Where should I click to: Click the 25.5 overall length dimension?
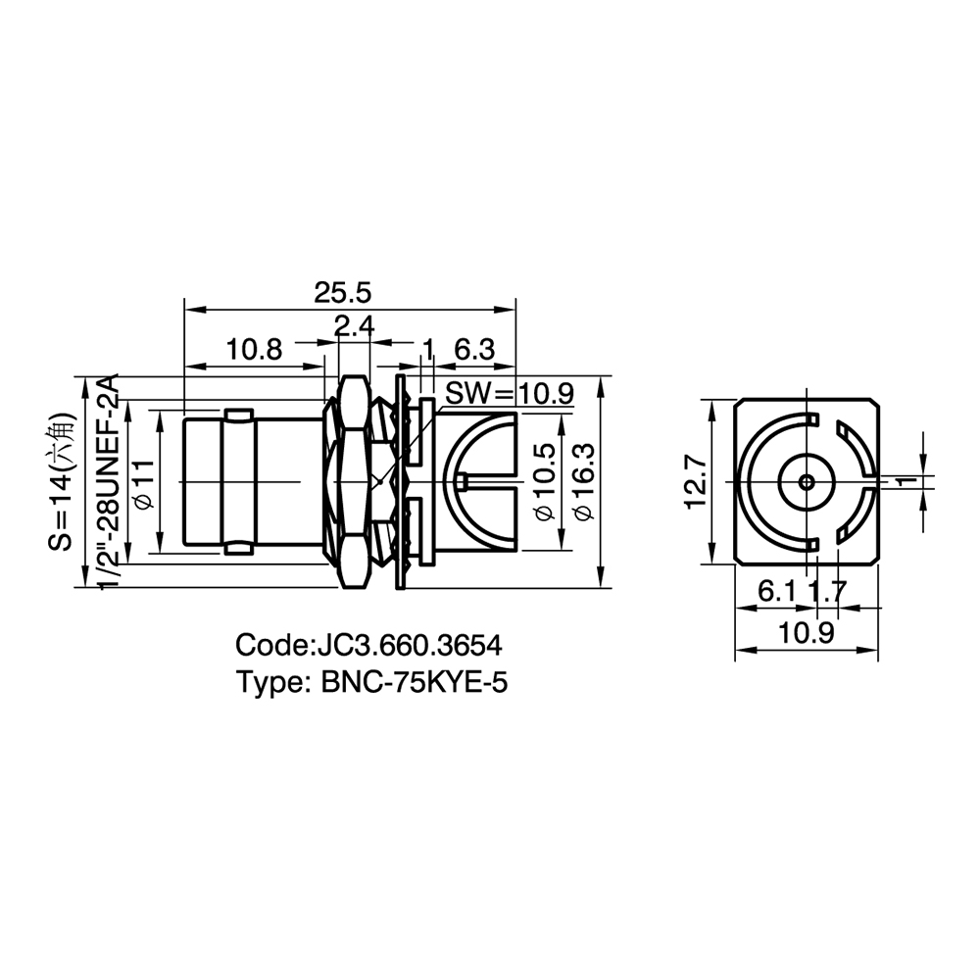coord(342,292)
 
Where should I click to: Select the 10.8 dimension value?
coord(255,350)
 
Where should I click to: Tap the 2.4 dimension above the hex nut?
coord(354,325)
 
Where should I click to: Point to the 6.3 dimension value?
coord(474,350)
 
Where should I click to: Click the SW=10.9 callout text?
coord(509,394)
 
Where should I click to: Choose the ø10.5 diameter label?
coord(545,482)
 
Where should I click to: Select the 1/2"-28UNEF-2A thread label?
coord(108,482)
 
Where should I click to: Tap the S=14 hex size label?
coord(63,482)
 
